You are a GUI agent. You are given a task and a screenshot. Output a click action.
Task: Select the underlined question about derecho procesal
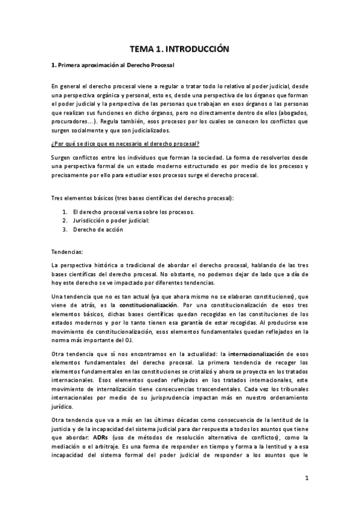(125, 143)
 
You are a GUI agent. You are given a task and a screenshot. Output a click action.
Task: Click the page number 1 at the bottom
(306, 478)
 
